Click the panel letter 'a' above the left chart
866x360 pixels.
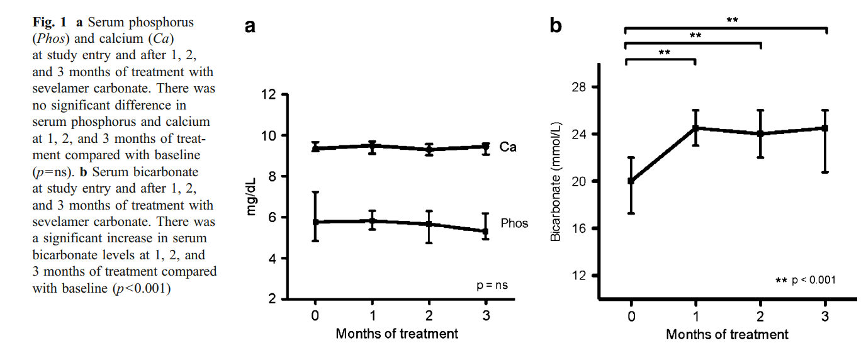click(250, 26)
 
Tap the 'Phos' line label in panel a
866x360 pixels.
click(514, 223)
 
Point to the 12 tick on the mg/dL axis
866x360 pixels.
click(268, 95)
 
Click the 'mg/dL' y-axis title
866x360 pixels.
click(252, 196)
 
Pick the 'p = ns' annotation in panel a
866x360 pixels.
click(492, 285)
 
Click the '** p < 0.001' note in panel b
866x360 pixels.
click(806, 279)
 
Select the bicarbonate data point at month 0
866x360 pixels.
click(631, 181)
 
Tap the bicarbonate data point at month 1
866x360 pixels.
click(695, 128)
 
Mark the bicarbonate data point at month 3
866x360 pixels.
click(825, 128)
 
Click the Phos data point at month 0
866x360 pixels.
click(315, 222)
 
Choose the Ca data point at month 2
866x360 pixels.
click(429, 150)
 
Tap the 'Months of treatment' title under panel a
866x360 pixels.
click(397, 334)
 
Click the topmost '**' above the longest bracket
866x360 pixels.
click(733, 20)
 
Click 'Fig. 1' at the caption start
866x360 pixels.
click(50, 23)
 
